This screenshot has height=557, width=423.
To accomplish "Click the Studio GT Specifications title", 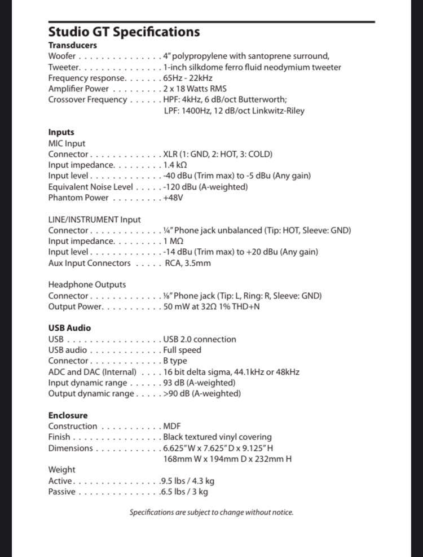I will pos(124,32).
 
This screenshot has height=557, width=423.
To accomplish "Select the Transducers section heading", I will pos(72,45).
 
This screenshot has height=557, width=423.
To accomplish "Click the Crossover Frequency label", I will pos(87,99).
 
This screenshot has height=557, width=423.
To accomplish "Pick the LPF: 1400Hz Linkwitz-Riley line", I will pos(233,111).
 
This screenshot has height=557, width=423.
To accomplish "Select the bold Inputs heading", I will pos(61,132).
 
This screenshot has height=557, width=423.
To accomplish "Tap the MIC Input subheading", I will pos(67,143).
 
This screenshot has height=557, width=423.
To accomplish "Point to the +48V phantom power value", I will pos(173,198).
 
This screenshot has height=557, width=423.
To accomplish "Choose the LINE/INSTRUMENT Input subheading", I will pos(94,220).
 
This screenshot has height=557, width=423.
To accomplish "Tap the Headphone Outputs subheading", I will pos(87,284).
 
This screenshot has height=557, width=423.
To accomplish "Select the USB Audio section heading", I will pos(69,328).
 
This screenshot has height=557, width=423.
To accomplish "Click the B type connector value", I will pos(175,361).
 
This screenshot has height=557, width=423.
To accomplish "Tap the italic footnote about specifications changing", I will pos(211,512).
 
